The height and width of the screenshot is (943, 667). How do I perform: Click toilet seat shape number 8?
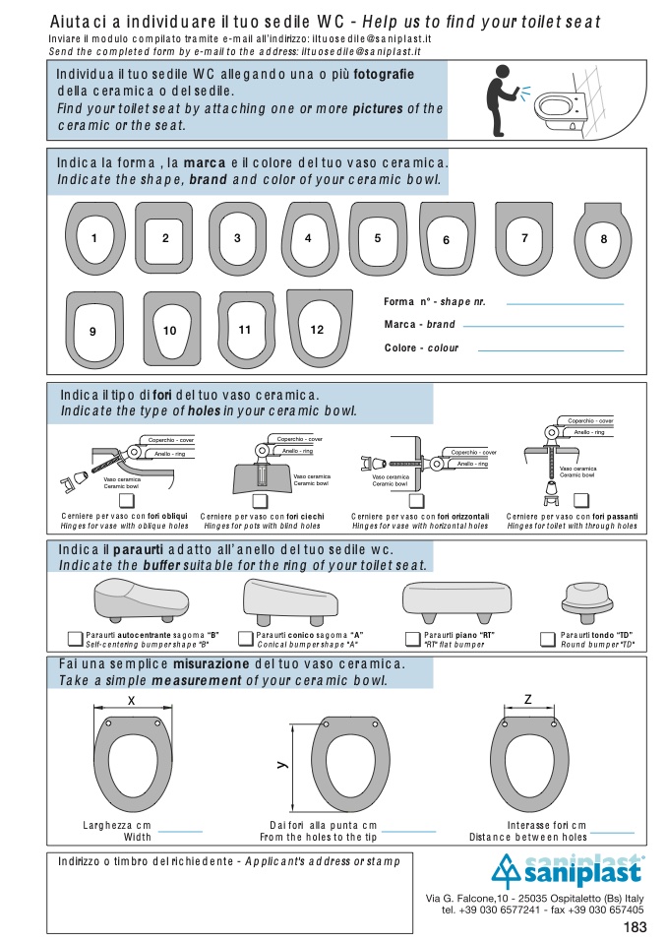(x=604, y=238)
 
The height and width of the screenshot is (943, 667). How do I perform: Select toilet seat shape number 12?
(x=318, y=329)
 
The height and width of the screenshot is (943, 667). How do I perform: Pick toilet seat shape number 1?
(x=93, y=237)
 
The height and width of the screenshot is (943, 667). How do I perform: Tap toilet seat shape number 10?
(x=170, y=330)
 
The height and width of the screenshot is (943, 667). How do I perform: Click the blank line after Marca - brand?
(x=544, y=326)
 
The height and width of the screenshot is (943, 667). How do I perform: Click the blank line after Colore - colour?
(x=550, y=349)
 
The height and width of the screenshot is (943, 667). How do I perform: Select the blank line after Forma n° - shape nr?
(x=564, y=304)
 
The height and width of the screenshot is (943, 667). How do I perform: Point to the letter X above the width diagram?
(x=132, y=699)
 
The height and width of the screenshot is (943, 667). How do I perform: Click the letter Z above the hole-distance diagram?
(x=528, y=699)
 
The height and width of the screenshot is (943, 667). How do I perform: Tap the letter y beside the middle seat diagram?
(x=281, y=763)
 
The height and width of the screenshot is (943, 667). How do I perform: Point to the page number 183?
(x=635, y=927)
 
